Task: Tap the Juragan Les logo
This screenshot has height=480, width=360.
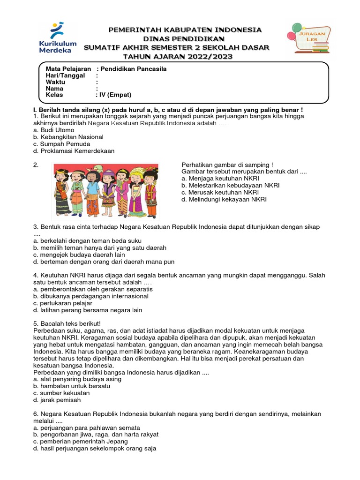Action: click(x=310, y=38)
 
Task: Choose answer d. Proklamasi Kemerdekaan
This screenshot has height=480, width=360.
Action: click(x=74, y=151)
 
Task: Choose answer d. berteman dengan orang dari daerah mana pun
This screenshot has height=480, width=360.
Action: click(x=104, y=262)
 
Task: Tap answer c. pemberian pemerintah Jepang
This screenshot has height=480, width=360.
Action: click(x=80, y=442)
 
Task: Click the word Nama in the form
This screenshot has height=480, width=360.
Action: click(x=54, y=88)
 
